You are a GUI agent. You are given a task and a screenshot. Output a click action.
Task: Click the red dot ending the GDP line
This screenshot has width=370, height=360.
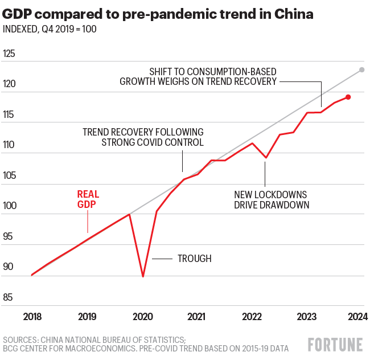coord(348,97)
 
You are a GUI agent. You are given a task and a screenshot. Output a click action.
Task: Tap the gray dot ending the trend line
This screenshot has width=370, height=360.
coord(361,70)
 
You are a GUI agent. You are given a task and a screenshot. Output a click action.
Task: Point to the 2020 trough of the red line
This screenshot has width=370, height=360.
coord(142,276)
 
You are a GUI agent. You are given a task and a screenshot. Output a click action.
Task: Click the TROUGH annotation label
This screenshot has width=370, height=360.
coord(194,259)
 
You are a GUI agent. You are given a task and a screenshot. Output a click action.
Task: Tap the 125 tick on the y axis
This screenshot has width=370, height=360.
coord(9,54)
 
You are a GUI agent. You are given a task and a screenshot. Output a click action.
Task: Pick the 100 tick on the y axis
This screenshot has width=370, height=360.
coord(9,206)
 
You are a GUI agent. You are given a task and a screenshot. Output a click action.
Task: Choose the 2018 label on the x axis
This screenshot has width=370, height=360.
coord(32,316)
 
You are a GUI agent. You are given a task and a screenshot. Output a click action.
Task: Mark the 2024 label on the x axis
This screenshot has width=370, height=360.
coord(357,316)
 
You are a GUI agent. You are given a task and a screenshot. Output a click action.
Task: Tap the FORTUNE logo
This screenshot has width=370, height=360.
coord(335,344)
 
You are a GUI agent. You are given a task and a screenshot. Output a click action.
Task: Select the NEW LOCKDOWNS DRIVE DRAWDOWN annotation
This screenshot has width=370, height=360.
coord(271,199)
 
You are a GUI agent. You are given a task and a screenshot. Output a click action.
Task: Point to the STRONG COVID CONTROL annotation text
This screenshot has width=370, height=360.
coord(153,142)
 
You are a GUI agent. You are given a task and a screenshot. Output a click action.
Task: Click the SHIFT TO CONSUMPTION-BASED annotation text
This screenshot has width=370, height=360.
coord(213,72)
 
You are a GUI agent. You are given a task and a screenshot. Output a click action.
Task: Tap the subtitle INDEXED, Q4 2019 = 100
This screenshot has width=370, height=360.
coord(50,29)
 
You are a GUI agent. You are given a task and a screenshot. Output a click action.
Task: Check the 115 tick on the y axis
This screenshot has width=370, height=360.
coord(9,114)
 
